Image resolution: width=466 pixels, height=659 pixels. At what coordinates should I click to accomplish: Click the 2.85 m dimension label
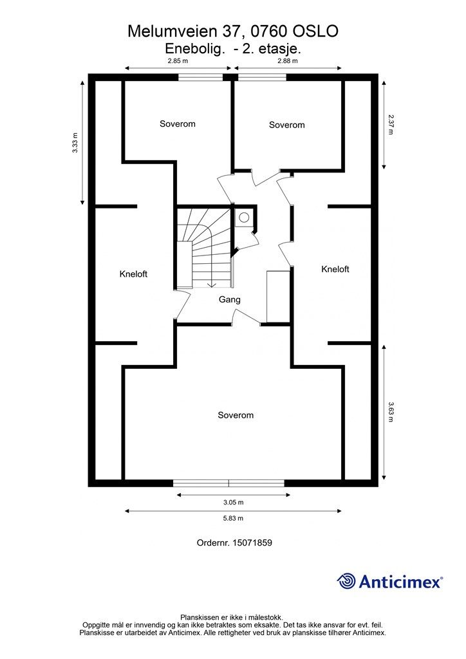177,60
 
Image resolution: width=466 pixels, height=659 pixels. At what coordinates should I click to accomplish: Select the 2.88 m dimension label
288,60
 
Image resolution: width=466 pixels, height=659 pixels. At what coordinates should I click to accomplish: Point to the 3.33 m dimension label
75,143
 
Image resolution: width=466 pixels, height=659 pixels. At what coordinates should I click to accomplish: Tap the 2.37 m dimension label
391,124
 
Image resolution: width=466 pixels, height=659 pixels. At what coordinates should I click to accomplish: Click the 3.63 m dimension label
391,412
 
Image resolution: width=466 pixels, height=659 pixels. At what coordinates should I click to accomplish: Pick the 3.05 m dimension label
233,502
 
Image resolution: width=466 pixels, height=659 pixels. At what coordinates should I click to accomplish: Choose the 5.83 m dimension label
233,518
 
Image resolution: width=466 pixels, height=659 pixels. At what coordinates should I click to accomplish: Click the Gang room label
229,300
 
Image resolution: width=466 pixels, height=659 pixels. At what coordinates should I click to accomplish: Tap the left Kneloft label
133,274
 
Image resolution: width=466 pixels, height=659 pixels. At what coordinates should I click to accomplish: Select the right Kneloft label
335,270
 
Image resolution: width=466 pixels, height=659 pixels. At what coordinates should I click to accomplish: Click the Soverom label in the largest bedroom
236,415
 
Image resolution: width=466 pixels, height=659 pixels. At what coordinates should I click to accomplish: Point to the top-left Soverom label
177,124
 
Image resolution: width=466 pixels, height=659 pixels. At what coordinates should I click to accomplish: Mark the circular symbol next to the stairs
244,218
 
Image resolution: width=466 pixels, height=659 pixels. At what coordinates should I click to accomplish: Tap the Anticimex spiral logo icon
347,581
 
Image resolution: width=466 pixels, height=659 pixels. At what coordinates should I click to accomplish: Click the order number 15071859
252,543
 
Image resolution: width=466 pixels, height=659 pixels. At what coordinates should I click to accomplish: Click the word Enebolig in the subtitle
193,49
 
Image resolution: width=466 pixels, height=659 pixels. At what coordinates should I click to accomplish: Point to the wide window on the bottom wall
229,483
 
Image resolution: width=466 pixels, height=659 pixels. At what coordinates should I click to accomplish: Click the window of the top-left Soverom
200,77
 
